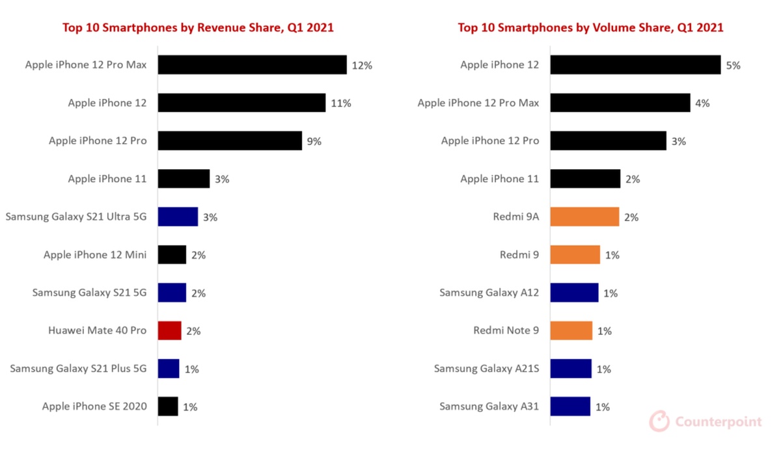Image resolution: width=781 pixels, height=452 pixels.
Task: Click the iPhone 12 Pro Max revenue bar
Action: (x=252, y=64)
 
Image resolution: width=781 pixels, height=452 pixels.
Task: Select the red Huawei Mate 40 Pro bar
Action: (x=169, y=330)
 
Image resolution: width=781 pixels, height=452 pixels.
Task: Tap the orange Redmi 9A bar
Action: (x=584, y=217)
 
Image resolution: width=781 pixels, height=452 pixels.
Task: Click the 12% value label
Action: (x=362, y=65)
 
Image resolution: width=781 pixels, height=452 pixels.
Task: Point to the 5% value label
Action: (x=733, y=65)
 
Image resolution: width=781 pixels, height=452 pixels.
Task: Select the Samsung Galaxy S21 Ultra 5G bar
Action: (x=178, y=217)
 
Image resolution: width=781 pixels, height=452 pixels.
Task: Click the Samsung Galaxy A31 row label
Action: (x=489, y=406)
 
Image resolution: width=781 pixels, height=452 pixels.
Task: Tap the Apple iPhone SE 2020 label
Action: (x=94, y=406)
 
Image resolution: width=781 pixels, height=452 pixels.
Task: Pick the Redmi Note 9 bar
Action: (x=571, y=330)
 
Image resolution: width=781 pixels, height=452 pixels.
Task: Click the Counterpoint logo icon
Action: (x=659, y=421)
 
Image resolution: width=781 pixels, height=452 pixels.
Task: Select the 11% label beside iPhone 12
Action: (x=341, y=103)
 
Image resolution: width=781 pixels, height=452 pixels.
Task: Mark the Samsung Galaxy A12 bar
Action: (x=574, y=293)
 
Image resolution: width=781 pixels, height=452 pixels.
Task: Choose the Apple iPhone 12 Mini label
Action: (x=95, y=255)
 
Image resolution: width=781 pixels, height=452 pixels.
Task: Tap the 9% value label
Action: (x=314, y=141)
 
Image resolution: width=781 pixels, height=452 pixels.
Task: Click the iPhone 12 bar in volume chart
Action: (x=635, y=64)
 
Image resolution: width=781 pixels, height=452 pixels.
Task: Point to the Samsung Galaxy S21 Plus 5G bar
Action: (x=169, y=369)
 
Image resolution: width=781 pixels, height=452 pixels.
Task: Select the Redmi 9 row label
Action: (x=519, y=255)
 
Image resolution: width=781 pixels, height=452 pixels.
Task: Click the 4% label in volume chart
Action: (x=702, y=103)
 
